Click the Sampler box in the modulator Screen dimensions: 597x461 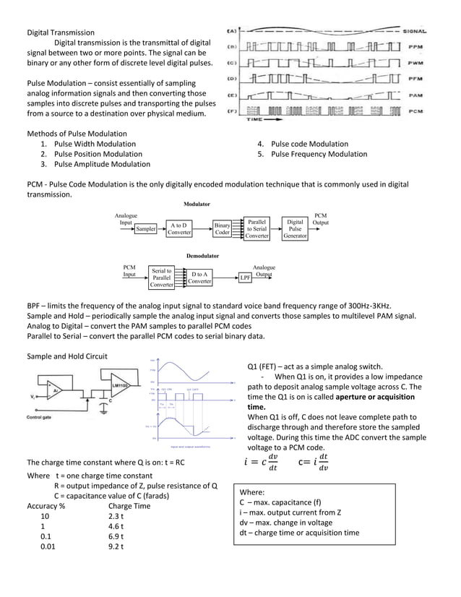pos(147,229)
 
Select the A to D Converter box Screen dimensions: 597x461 pos(178,229)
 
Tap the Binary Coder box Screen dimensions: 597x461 pos(222,229)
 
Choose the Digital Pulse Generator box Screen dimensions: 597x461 pos(296,228)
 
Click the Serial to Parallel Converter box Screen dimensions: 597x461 pos(161,278)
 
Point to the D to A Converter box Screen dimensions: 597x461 pos(199,278)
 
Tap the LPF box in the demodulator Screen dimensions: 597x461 pos(244,278)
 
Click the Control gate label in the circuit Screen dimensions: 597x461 pos(43,417)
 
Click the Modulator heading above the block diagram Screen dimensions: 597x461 pos(197,205)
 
